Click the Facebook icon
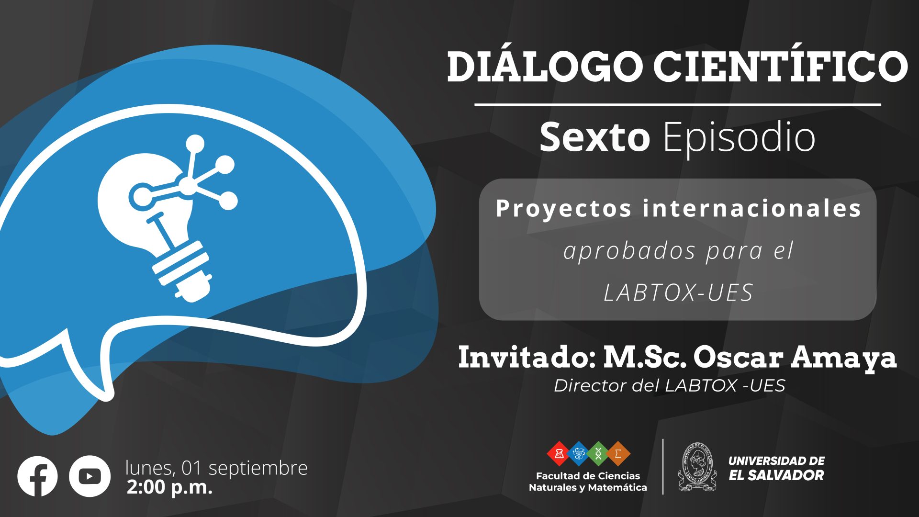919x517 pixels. coord(37,476)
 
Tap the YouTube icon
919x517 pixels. coord(90,476)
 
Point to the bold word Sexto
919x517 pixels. coord(594,137)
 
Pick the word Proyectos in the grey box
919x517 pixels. coord(564,209)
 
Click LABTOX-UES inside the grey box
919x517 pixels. coord(678,292)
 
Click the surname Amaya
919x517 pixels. coord(843,359)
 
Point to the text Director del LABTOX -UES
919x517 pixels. coord(670,385)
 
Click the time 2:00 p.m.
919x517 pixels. coord(169,487)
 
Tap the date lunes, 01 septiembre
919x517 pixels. coord(216,468)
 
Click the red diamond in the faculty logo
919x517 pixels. coord(559,453)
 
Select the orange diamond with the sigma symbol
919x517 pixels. coord(618,453)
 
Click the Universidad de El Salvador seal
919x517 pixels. coord(697,467)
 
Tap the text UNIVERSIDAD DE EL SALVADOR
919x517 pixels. coord(776,468)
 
